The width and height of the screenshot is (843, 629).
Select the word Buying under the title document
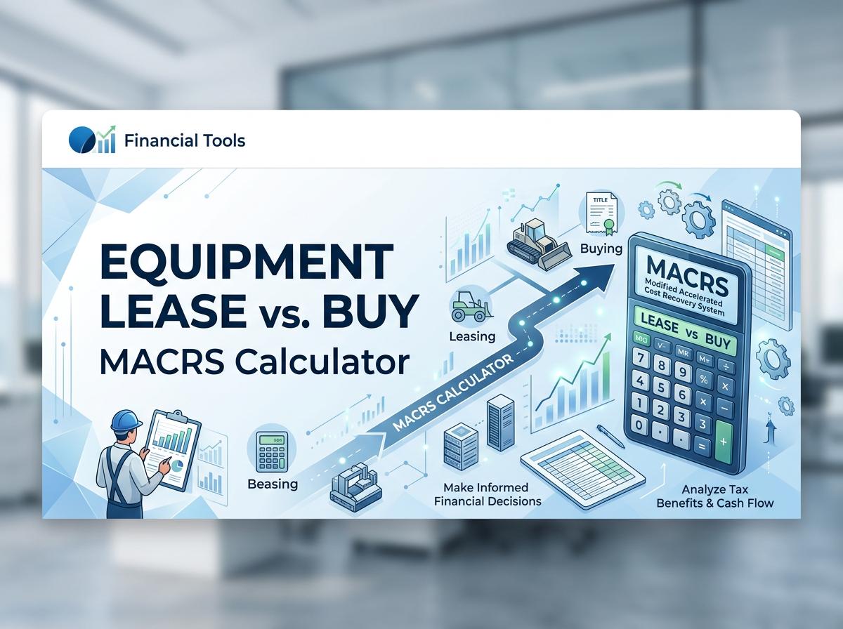(601, 249)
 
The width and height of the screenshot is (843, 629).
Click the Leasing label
(471, 336)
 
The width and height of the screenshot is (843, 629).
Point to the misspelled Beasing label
(273, 484)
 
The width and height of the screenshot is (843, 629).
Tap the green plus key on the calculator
(723, 442)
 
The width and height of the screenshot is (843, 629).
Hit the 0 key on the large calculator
(639, 425)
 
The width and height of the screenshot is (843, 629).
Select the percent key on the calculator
(702, 379)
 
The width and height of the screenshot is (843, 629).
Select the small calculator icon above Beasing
(270, 449)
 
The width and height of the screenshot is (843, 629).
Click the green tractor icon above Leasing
(468, 306)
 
